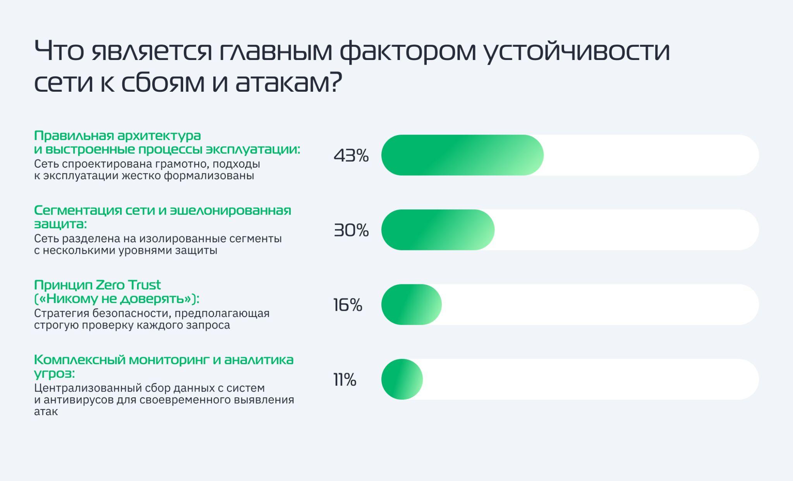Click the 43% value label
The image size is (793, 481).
(x=351, y=156)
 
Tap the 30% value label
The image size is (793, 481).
(x=351, y=230)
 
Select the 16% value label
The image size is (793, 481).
(x=348, y=305)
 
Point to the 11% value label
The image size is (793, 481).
(x=345, y=380)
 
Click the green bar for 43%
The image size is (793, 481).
(x=462, y=155)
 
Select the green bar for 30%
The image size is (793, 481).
(x=438, y=230)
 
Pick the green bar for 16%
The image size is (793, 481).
(x=411, y=305)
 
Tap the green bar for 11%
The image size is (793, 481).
(x=402, y=379)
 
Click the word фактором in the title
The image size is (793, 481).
(x=408, y=51)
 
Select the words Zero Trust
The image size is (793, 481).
(x=128, y=285)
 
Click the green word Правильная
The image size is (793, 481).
(x=73, y=136)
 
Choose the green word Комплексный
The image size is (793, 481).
(x=79, y=360)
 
